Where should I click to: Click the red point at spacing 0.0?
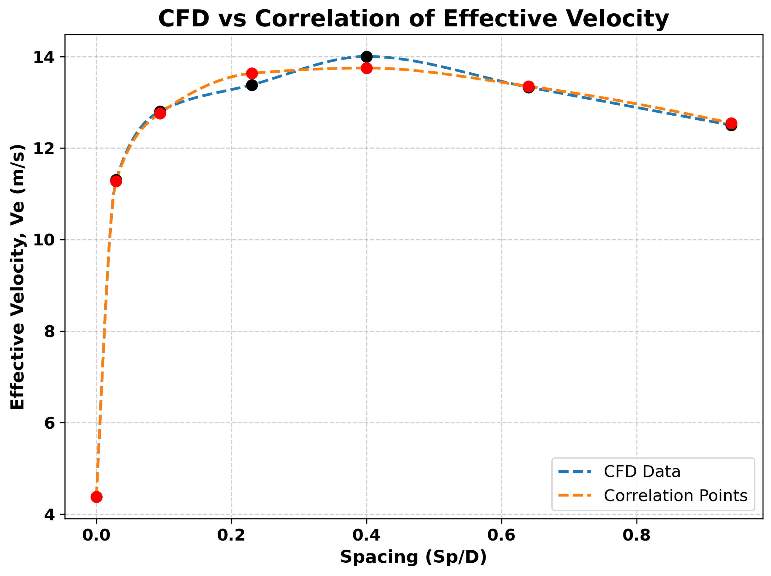pos(96,497)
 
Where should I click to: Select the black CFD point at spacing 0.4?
pos(367,56)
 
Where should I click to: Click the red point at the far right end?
pos(731,123)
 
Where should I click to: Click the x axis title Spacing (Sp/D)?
pos(413,557)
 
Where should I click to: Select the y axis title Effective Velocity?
pos(18,277)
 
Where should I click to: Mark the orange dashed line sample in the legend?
pos(575,496)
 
